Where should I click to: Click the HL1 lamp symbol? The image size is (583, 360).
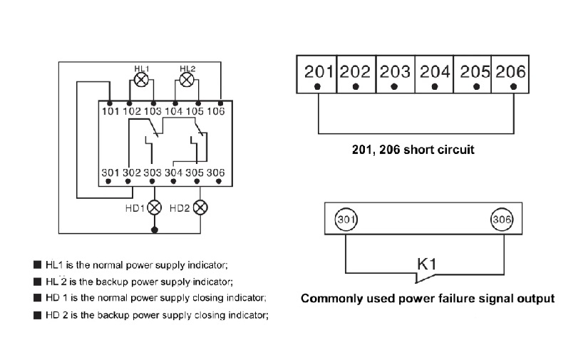tap(141, 80)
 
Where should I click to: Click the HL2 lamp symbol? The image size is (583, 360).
tap(187, 80)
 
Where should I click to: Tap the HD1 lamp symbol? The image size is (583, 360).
tap(154, 207)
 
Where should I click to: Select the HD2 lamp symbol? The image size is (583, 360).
tap(200, 207)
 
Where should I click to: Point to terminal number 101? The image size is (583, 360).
tap(110, 111)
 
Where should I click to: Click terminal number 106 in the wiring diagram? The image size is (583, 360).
tap(216, 111)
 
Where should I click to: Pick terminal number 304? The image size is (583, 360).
tap(174, 173)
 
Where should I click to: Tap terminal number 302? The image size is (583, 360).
tap(132, 173)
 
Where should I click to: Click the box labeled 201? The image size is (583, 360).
tap(316, 74)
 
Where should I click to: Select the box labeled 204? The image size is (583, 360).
tap(434, 74)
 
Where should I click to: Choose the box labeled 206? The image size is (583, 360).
tap(510, 74)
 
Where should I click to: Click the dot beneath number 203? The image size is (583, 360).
tap(395, 87)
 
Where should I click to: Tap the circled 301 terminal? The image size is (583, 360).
tap(346, 220)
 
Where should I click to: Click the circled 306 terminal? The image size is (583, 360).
tap(502, 220)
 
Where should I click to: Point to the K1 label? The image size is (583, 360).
tap(426, 264)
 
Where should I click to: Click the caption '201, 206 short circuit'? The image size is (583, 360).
tap(413, 150)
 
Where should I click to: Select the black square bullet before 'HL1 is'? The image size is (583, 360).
tap(37, 264)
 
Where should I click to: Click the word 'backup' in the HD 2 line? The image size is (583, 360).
tap(113, 315)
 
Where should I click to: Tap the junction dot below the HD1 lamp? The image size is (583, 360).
tap(155, 230)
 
